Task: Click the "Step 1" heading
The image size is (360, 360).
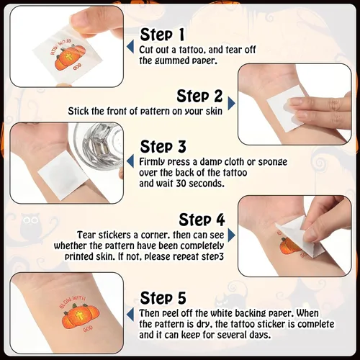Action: [x=162, y=35]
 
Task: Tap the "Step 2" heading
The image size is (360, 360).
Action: [x=199, y=96]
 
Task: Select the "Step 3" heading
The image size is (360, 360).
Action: [x=163, y=146]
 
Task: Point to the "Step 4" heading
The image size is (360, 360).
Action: [x=202, y=220]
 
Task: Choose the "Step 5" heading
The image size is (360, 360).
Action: [x=163, y=298]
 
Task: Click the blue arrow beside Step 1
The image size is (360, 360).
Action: [x=130, y=47]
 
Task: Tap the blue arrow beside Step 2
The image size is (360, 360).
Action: [x=231, y=104]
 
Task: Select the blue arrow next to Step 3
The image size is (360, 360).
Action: [x=130, y=161]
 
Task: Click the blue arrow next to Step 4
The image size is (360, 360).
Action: [x=231, y=235]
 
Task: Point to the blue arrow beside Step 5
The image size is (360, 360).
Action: [x=130, y=315]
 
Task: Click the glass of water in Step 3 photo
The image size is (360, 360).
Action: [x=99, y=146]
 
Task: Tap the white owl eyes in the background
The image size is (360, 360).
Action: [x=30, y=220]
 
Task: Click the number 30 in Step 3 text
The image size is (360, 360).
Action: [x=181, y=184]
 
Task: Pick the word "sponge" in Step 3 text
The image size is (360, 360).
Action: [x=272, y=163]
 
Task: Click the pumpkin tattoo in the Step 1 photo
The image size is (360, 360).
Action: [x=70, y=58]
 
